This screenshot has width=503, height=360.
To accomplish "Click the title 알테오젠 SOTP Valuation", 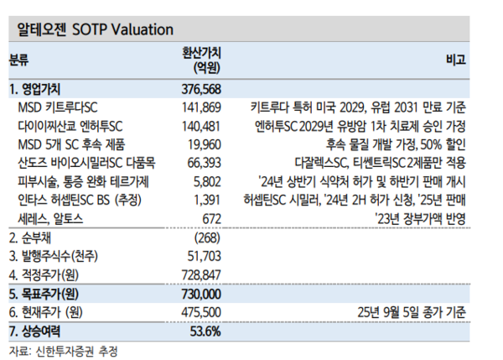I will coord(96,28).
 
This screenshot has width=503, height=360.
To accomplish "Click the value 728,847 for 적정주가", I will coord(201,274).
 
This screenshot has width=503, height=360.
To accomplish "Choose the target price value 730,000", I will coord(201,293).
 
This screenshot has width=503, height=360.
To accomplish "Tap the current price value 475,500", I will coord(201,311).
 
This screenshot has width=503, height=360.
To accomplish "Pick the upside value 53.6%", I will coord(206,331).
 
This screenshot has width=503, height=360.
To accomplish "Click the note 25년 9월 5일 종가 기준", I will coord(411,311).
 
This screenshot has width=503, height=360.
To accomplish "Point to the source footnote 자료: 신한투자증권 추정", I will coord(63,350).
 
